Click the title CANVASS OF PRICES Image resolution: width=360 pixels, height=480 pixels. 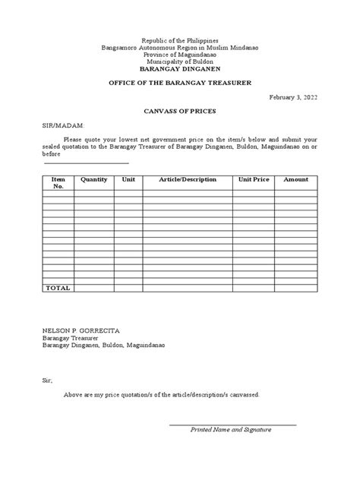[180, 111]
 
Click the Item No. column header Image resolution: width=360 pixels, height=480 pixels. [58, 183]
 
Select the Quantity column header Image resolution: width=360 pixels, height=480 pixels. [94, 180]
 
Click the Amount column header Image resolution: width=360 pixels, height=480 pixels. [296, 180]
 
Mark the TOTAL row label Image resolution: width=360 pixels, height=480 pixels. [58, 289]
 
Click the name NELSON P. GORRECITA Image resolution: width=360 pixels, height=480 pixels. [80, 330]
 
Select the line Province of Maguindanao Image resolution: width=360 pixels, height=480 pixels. [180, 54]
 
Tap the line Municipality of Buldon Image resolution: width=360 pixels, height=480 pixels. [180, 61]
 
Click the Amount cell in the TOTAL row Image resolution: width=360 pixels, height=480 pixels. [296, 289]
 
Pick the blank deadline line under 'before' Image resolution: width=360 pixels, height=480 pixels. [86, 162]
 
